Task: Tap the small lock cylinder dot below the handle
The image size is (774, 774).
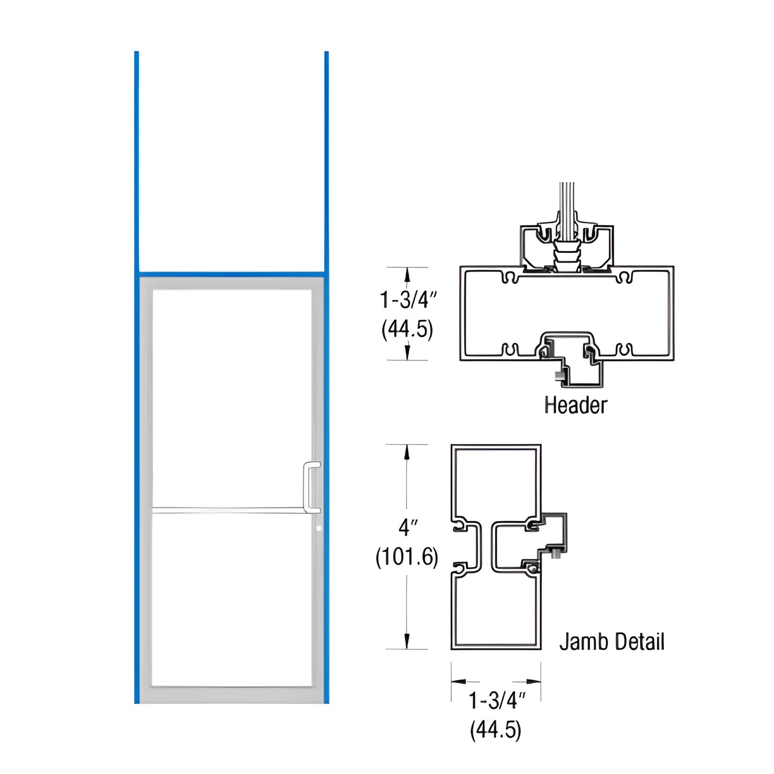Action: pyautogui.click(x=319, y=528)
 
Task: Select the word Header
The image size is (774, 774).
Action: pyautogui.click(x=575, y=405)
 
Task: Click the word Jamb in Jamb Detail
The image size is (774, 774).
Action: pyautogui.click(x=582, y=642)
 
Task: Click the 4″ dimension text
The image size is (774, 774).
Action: pyautogui.click(x=407, y=528)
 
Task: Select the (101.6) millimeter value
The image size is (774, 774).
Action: pyautogui.click(x=407, y=557)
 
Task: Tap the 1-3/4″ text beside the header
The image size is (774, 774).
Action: pyautogui.click(x=408, y=300)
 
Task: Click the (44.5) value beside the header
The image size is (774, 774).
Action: pyautogui.click(x=407, y=329)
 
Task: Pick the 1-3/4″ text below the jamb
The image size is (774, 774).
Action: pyautogui.click(x=496, y=701)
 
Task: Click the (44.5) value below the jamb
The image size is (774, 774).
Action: pyautogui.click(x=495, y=730)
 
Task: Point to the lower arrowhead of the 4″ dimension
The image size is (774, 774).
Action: pyautogui.click(x=407, y=641)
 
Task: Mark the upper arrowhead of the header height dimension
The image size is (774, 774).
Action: pyautogui.click(x=407, y=274)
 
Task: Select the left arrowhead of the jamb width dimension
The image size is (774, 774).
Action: pyautogui.click(x=458, y=682)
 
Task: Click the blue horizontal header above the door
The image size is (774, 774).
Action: pyautogui.click(x=231, y=273)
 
